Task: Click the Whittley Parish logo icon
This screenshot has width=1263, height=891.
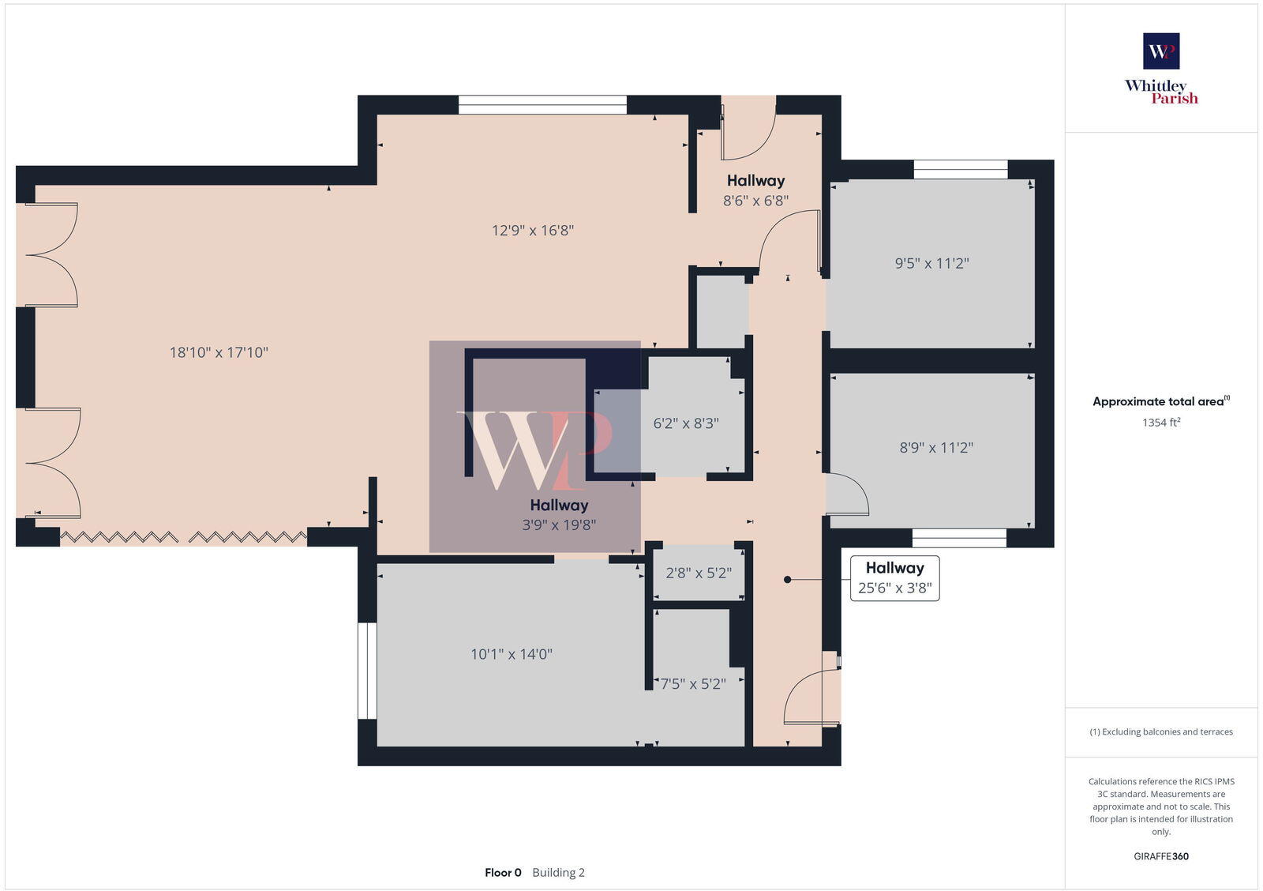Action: point(1161,51)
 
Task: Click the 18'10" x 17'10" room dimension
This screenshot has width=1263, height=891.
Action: point(219,352)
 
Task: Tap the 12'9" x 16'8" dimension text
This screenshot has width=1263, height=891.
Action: point(533,231)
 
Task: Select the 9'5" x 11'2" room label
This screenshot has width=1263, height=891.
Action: point(931,263)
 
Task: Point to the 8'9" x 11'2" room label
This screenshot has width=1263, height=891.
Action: point(936,448)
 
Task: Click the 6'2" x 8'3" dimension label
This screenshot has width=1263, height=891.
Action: point(686,423)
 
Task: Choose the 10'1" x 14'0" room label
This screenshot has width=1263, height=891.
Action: point(512,654)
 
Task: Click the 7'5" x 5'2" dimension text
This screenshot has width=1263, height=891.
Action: point(693,684)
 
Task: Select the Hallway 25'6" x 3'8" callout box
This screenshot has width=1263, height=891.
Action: point(894,578)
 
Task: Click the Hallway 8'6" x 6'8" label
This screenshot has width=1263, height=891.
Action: point(755,190)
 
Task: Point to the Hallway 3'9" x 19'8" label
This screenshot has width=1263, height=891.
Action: point(559,514)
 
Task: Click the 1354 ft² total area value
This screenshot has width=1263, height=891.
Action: point(1161,423)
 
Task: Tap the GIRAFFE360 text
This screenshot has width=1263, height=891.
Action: point(1161,856)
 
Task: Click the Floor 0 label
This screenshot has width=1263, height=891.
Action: point(503,873)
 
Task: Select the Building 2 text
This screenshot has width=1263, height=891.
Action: point(558,873)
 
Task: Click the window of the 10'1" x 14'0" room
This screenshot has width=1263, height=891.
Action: point(367,671)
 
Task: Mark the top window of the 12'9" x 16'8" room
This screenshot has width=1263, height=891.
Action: point(542,104)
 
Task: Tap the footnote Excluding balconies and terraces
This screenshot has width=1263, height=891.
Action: point(1161,732)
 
